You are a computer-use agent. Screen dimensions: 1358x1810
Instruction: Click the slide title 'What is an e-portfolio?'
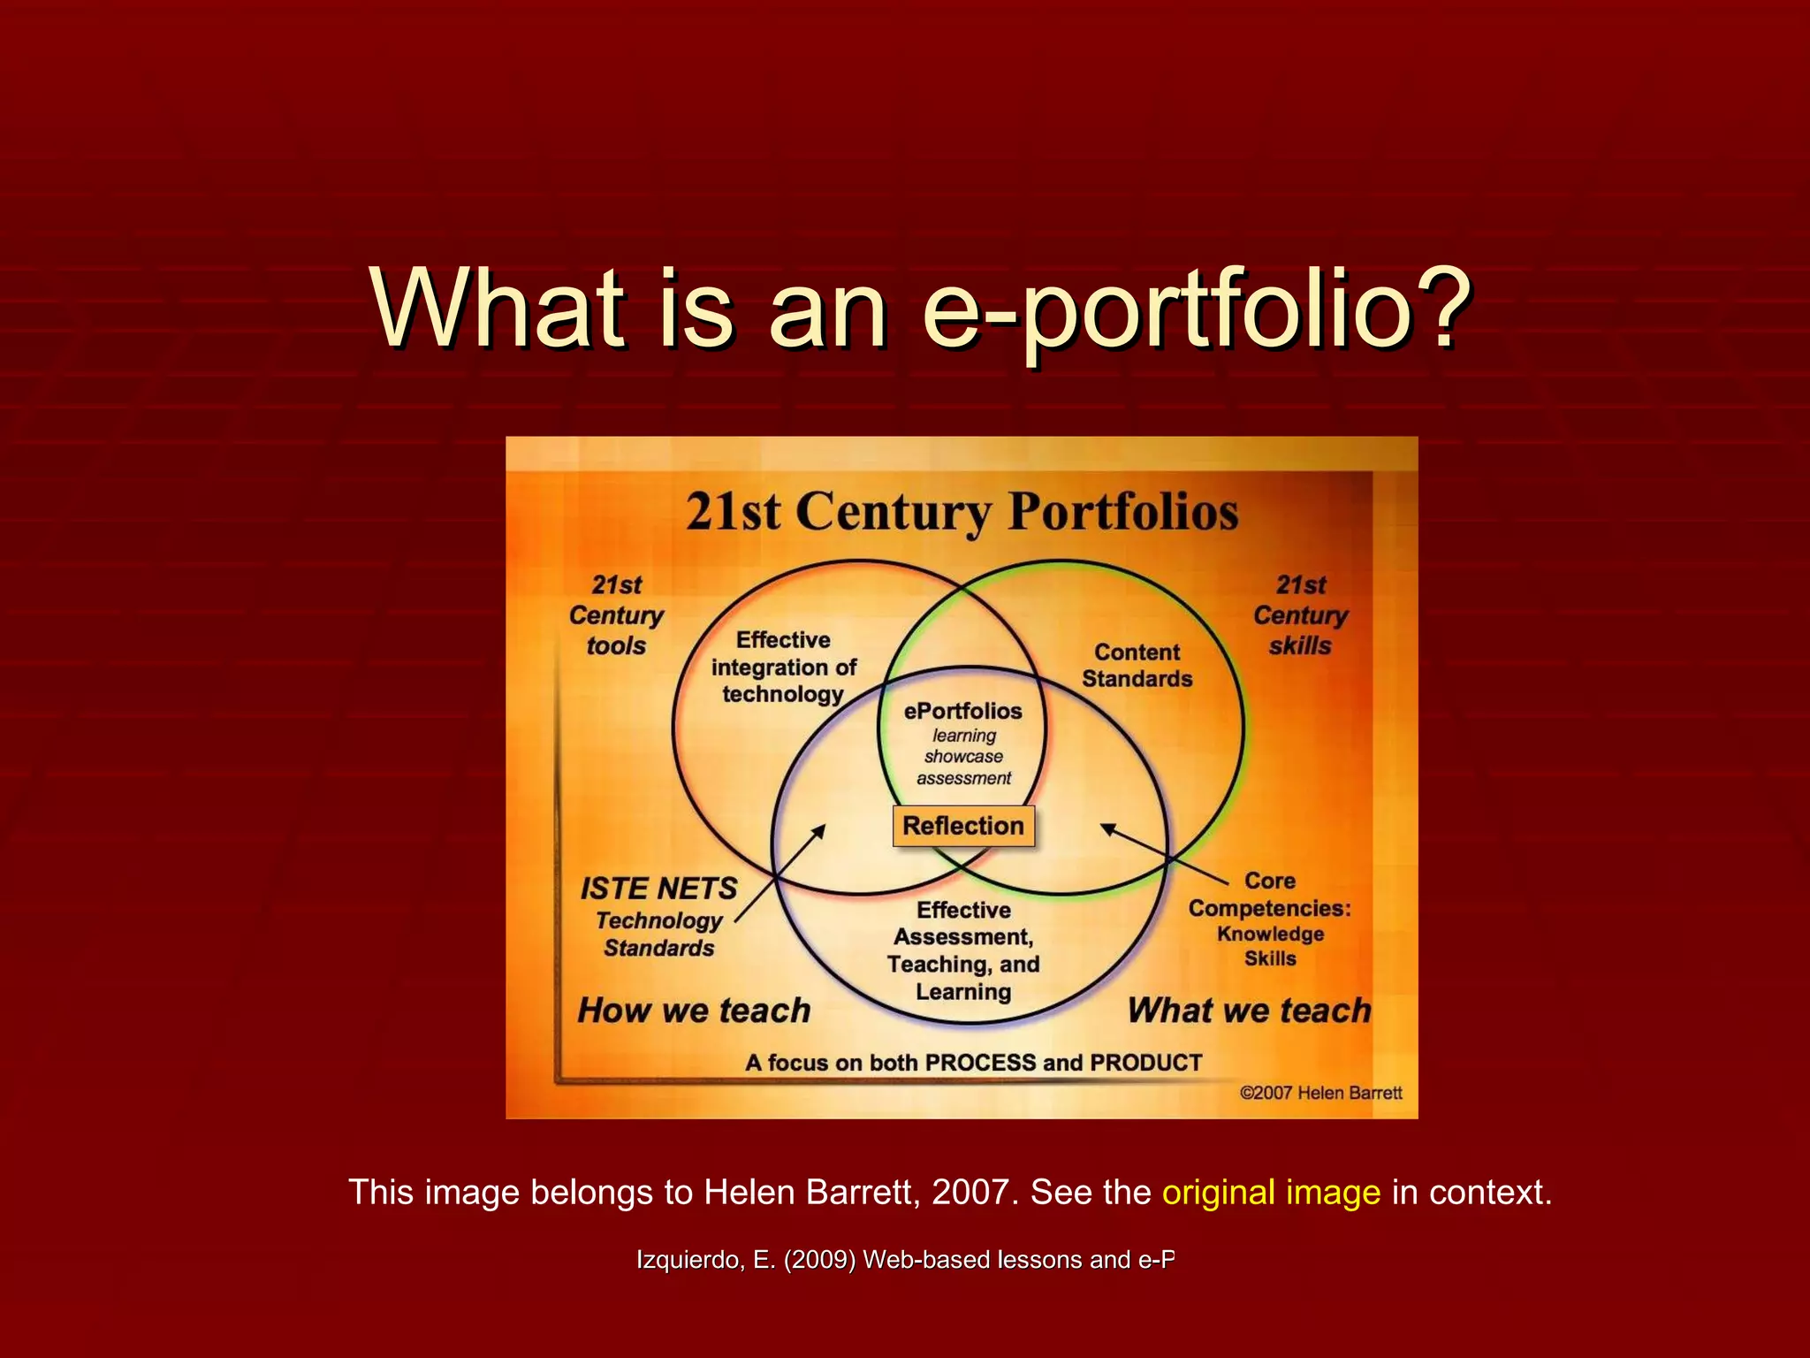click(x=922, y=309)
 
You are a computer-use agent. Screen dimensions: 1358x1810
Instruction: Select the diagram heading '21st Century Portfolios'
click(x=962, y=512)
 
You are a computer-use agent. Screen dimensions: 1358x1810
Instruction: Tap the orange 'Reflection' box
click(x=963, y=826)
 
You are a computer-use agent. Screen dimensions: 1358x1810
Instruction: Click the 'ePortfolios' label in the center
click(x=962, y=711)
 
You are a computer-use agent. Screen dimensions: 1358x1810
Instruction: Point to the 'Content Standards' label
click(x=1137, y=665)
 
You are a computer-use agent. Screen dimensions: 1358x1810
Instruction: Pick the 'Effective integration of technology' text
click(x=784, y=667)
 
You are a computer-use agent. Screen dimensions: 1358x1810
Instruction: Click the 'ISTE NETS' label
click(x=658, y=888)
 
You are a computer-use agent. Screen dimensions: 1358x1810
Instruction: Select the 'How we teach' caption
click(x=694, y=1010)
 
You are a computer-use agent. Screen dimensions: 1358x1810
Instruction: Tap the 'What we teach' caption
click(x=1249, y=1010)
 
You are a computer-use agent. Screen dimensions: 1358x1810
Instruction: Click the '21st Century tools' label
click(x=616, y=615)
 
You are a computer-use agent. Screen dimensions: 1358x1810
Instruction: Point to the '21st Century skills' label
click(x=1300, y=615)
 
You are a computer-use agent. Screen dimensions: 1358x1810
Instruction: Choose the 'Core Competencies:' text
click(x=1269, y=895)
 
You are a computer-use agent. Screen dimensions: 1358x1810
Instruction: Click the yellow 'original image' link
click(x=1271, y=1192)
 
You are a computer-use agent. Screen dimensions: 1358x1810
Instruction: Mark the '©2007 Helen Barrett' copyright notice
click(x=1320, y=1093)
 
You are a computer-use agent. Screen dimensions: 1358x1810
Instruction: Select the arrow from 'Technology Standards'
click(x=780, y=873)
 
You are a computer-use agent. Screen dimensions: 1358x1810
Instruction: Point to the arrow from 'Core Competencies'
click(x=1163, y=853)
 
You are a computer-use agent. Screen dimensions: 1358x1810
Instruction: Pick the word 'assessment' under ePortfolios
click(x=963, y=778)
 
